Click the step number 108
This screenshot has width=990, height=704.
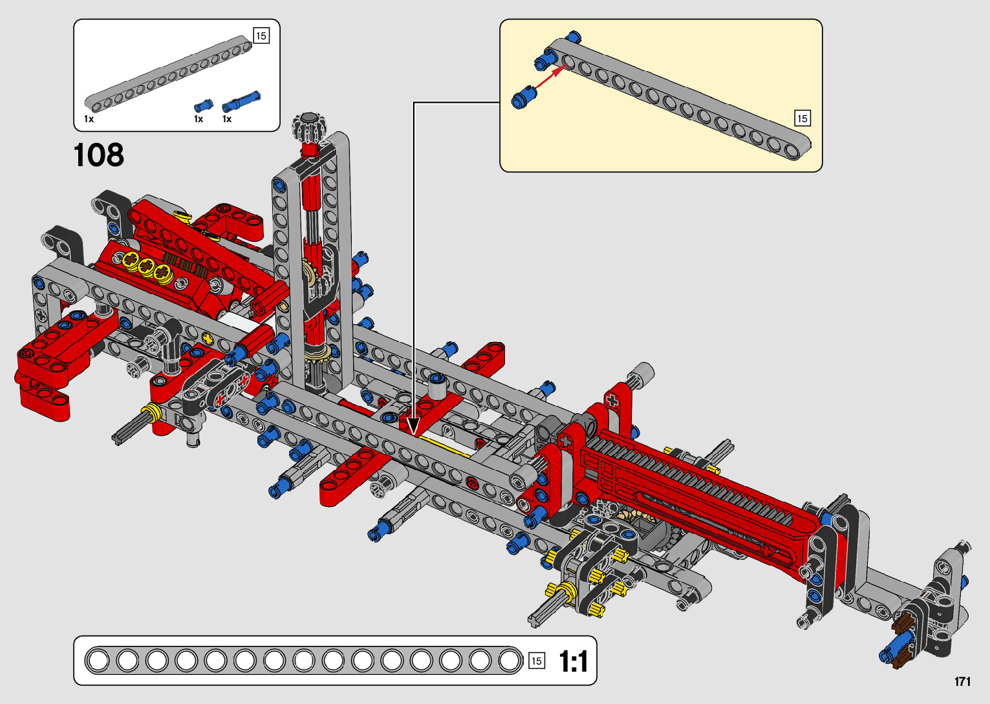(x=98, y=155)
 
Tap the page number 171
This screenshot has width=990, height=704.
(x=962, y=681)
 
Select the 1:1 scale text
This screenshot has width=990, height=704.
(x=573, y=661)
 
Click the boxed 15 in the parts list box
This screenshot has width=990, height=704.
(x=261, y=36)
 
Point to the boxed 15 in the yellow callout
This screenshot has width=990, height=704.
(x=802, y=118)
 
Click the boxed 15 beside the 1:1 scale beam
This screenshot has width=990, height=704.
(x=537, y=661)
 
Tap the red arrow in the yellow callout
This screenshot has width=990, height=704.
(x=551, y=78)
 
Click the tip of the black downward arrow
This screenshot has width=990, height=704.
(x=413, y=435)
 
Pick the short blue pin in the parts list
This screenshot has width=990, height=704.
(x=203, y=105)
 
